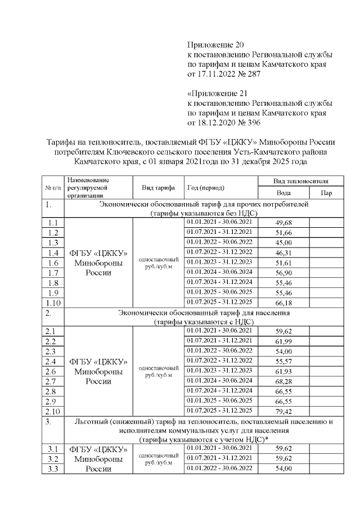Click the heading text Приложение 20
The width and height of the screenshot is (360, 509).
(x=216, y=44)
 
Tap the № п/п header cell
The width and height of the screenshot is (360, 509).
(x=53, y=187)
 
